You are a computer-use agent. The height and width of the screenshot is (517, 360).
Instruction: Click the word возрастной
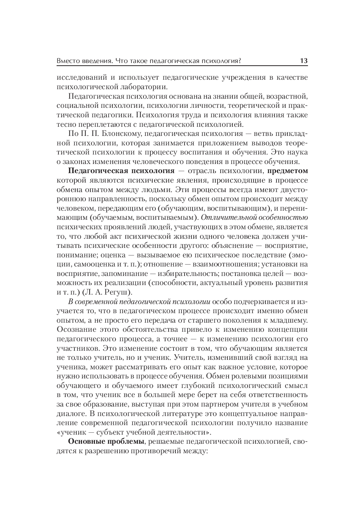[x=287, y=96]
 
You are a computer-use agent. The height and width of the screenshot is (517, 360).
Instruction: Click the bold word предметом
[x=287, y=171]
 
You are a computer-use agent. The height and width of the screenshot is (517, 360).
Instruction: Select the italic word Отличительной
[x=228, y=218]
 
